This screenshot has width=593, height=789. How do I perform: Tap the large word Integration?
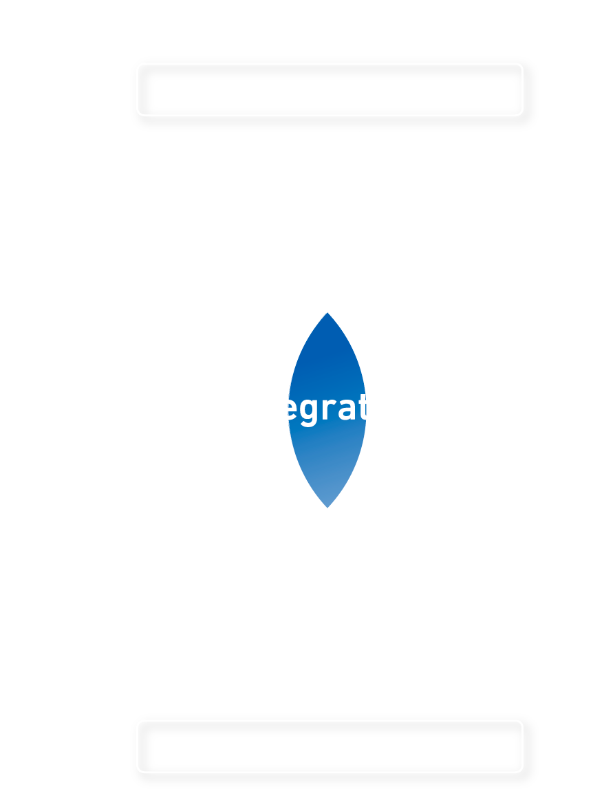(327, 407)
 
